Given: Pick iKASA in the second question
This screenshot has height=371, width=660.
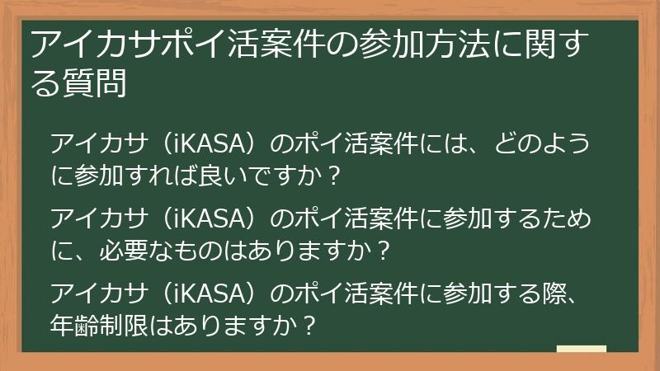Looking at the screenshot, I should pos(207,218).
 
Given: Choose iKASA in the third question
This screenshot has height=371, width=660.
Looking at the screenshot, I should pos(207,292).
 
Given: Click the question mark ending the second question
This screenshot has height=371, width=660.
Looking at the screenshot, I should pos(381,248).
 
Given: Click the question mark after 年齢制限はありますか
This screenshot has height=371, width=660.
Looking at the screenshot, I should pos(309,322).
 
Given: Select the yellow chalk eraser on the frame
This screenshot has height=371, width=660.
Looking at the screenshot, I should pos(582,350).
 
